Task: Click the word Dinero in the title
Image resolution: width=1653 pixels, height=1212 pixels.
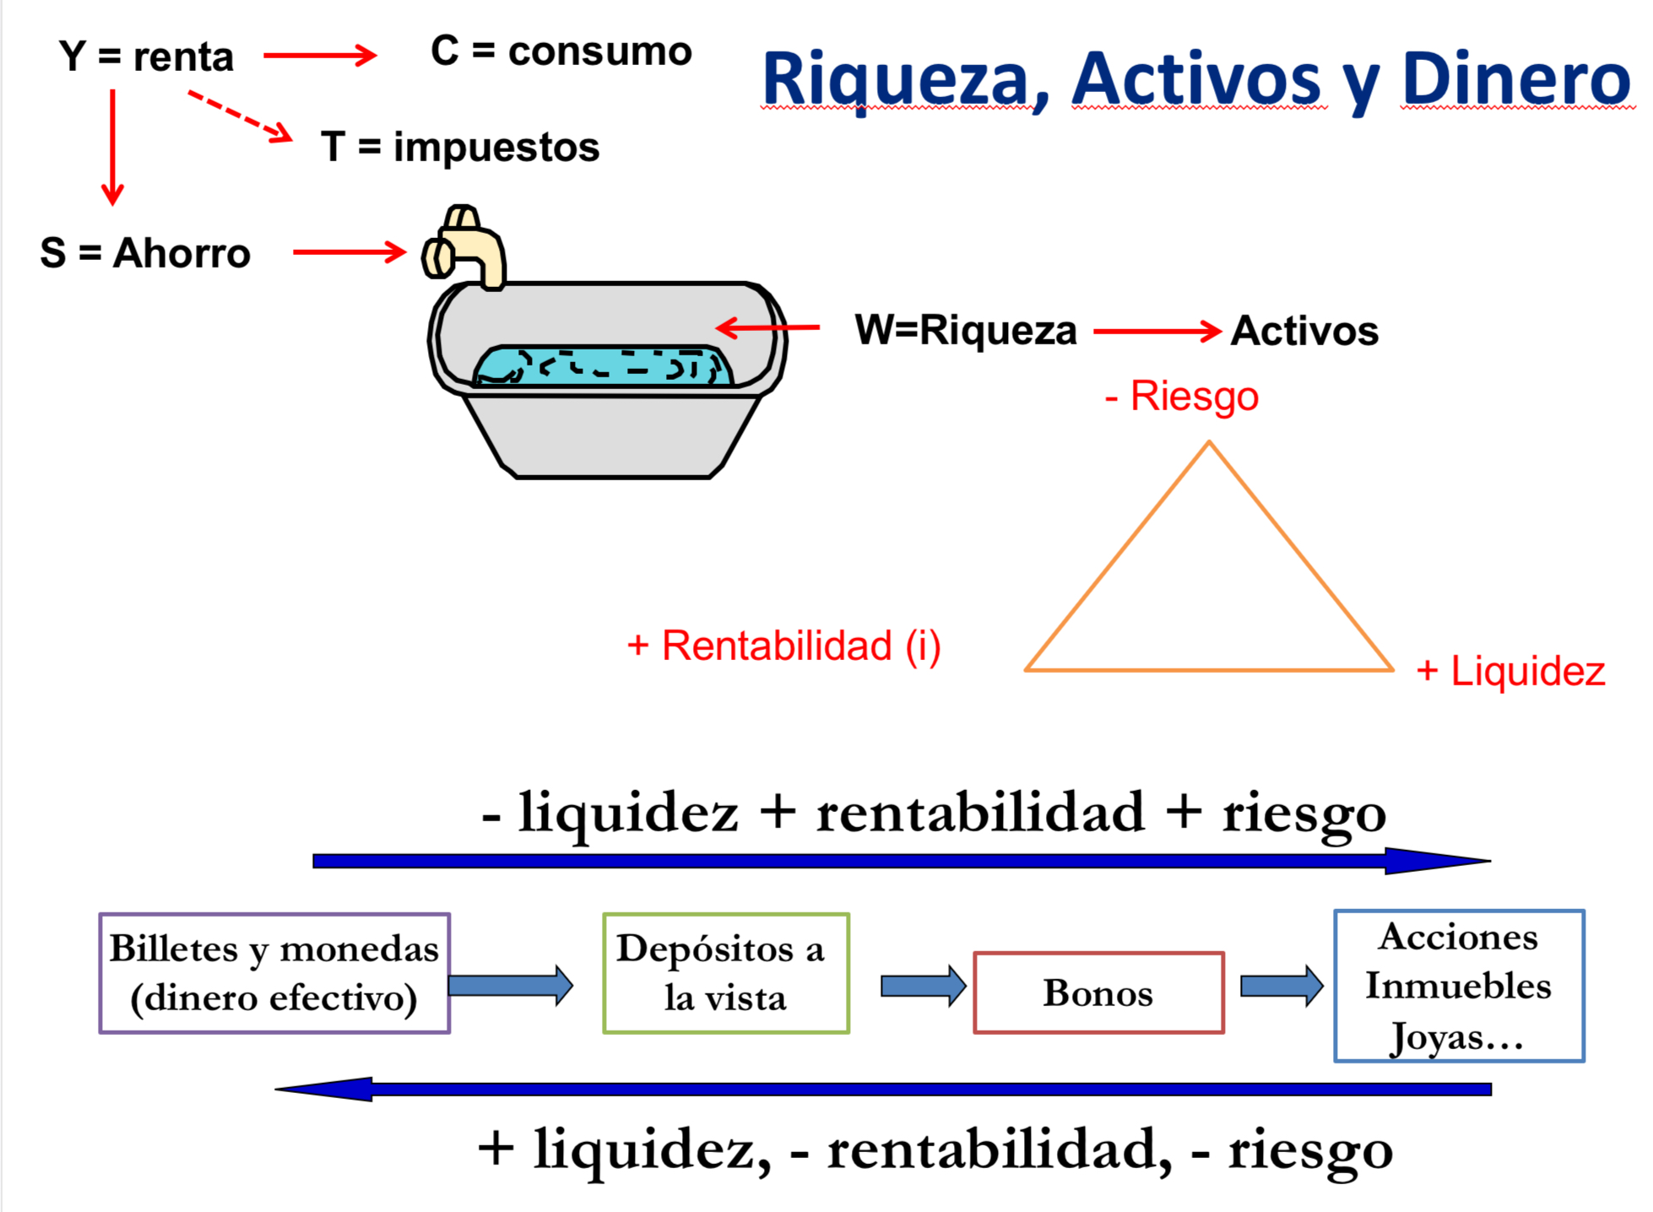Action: (1515, 79)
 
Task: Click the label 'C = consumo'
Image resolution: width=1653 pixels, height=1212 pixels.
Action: (561, 51)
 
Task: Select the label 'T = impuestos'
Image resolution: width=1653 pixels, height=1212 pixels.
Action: (460, 147)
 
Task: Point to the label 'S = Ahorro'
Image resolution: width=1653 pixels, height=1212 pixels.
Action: (145, 253)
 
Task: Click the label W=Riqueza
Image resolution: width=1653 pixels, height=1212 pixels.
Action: (965, 330)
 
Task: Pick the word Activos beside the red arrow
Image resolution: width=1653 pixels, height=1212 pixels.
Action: (1303, 331)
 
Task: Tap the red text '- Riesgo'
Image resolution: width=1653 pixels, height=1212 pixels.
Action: (1181, 396)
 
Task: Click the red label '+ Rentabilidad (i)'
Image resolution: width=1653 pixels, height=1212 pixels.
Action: (783, 646)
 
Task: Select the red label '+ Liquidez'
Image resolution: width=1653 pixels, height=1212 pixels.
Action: (1510, 671)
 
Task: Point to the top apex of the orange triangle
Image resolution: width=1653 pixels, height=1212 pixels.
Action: (1208, 443)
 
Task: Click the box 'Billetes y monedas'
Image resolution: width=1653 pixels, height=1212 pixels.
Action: (274, 972)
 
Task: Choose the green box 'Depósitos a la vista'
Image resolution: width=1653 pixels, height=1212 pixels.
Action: (725, 972)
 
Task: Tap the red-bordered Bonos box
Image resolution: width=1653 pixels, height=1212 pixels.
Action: (1097, 993)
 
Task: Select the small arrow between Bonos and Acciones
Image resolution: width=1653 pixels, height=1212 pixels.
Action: (1281, 986)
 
